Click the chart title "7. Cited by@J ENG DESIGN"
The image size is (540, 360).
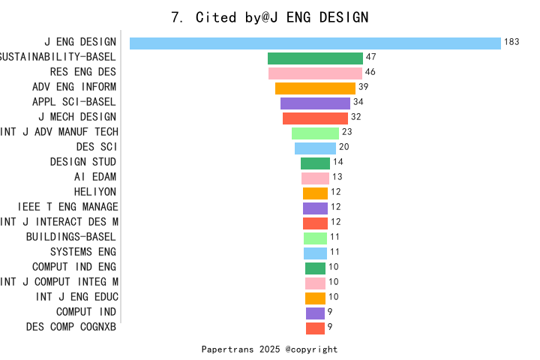(x=270, y=17)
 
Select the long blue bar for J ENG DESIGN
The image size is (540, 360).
(x=315, y=43)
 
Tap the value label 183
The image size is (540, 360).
(x=511, y=42)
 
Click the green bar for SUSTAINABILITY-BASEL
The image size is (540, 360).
(x=315, y=58)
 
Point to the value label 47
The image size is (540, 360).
(x=370, y=57)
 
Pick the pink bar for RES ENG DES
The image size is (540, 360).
(x=315, y=73)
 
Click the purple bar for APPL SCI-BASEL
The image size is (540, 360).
(x=315, y=103)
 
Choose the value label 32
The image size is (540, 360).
(x=355, y=117)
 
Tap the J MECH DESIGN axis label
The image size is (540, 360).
(x=77, y=117)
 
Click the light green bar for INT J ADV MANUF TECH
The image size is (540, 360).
(x=315, y=133)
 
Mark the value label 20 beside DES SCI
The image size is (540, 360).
(x=343, y=147)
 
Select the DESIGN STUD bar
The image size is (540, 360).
(x=315, y=163)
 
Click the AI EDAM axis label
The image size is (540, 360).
(x=95, y=177)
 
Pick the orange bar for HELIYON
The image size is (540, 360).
(x=315, y=193)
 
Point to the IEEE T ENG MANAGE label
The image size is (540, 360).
(x=67, y=207)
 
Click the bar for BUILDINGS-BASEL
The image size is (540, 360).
(x=315, y=238)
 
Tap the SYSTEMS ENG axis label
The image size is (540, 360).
(x=83, y=252)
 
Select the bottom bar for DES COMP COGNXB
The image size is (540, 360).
(x=315, y=328)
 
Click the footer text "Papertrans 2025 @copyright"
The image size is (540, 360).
(x=269, y=349)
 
